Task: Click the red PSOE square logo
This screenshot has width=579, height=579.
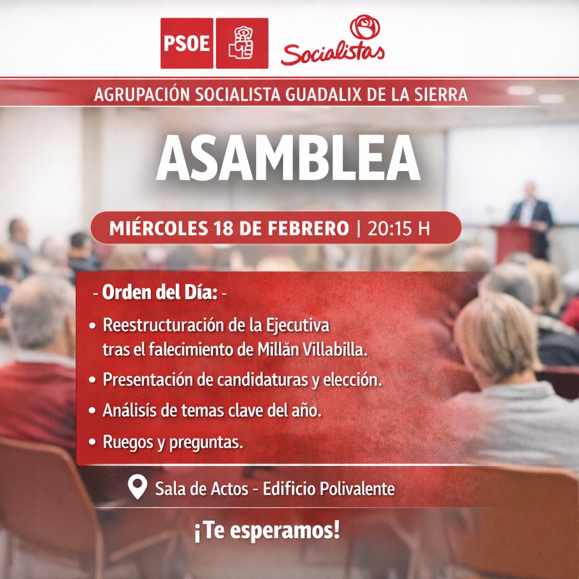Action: [x=187, y=43]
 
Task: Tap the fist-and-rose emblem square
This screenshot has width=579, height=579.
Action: [x=242, y=43]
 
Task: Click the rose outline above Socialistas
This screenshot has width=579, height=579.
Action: [x=365, y=27]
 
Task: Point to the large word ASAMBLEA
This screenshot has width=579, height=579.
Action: [x=288, y=158]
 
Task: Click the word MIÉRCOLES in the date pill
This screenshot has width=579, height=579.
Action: [x=159, y=228]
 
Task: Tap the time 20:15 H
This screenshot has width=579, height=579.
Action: [x=399, y=228]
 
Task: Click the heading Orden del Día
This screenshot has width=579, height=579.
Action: [x=159, y=292]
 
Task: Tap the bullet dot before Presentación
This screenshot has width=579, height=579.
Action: [x=92, y=380]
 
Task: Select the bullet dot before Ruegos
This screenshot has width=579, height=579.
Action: [x=92, y=442]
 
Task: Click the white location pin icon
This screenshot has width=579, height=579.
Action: [x=137, y=487]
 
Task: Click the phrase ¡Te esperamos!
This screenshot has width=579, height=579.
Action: [x=267, y=531]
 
